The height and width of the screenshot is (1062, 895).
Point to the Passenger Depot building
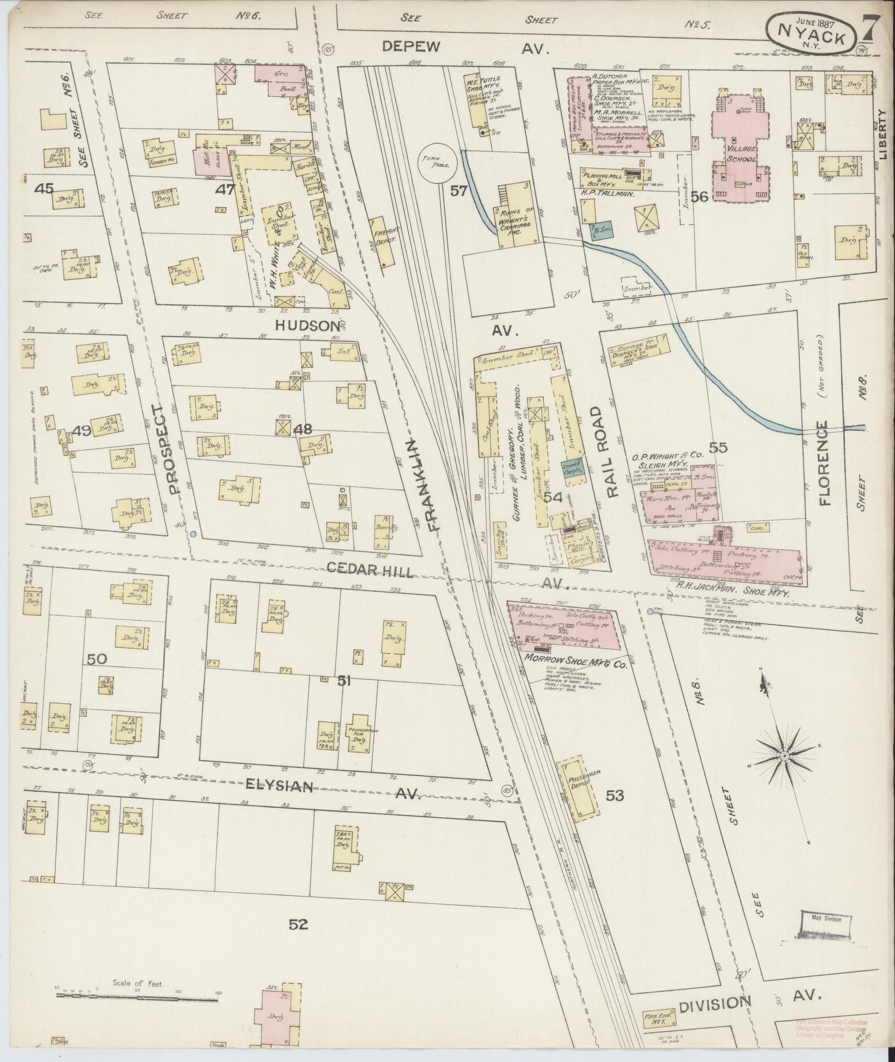click(x=579, y=788)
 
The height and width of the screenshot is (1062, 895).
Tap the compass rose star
click(x=785, y=757)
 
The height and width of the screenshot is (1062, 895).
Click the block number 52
click(x=299, y=924)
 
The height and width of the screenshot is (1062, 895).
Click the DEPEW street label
click(x=411, y=47)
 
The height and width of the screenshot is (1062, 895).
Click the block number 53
click(x=614, y=796)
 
